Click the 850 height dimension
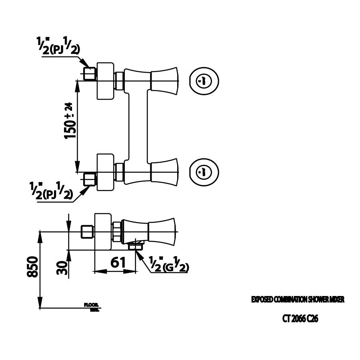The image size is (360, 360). [33, 267]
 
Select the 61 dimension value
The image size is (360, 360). [118, 262]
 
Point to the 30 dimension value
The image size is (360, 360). [61, 266]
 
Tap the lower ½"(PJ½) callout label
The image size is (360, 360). [51, 191]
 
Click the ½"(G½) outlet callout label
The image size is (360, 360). [168, 264]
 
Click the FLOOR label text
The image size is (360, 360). [89, 305]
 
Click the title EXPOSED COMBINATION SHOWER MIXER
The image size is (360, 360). [297, 299]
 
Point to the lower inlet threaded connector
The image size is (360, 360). [90, 179]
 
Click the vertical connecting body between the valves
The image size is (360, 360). [137, 126]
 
